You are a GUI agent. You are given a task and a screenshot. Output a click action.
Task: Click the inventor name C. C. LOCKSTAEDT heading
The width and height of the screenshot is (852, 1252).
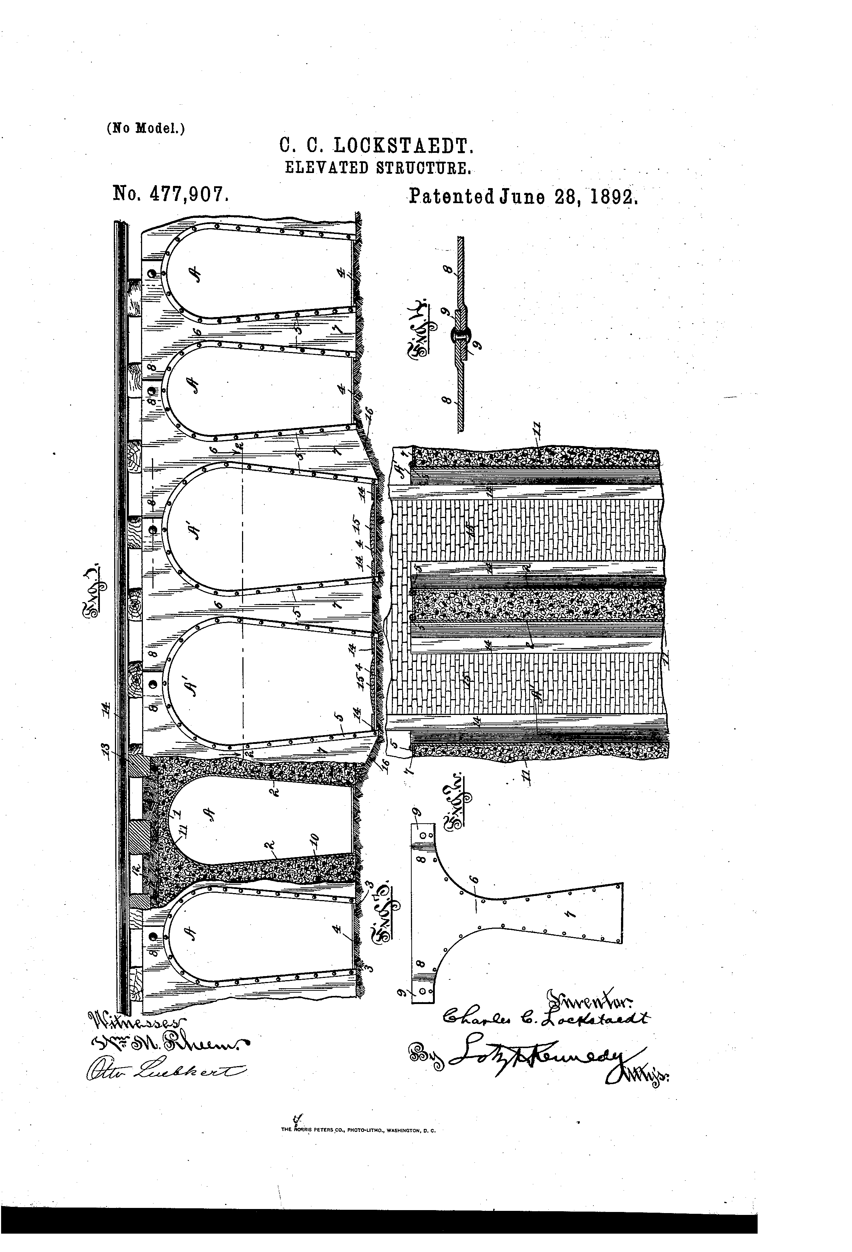coord(376,146)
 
